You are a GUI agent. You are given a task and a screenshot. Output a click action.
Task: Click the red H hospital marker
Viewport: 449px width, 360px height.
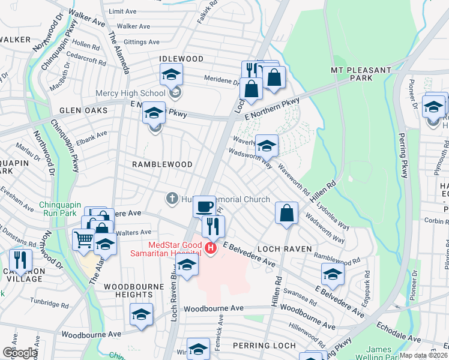click(x=211, y=248)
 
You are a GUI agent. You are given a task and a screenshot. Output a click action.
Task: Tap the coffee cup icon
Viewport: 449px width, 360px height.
click(x=204, y=206)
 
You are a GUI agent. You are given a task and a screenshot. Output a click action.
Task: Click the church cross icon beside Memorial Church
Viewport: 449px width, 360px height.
click(x=171, y=198)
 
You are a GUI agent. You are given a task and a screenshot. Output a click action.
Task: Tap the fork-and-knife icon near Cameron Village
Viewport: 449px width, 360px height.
click(x=21, y=259)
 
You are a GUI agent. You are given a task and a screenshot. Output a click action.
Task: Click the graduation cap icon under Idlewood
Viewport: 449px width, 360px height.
click(x=171, y=74)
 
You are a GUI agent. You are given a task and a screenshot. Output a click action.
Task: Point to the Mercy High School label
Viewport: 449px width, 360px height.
click(x=130, y=93)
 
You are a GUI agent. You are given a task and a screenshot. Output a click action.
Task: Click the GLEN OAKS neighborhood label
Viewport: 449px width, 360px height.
click(x=83, y=110)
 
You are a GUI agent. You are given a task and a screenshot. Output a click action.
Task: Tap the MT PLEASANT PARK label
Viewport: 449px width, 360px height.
click(x=361, y=74)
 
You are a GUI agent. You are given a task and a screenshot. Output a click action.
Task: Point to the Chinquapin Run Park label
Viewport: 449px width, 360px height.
click(x=65, y=209)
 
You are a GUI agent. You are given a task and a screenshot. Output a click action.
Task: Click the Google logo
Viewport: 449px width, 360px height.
click(x=19, y=353)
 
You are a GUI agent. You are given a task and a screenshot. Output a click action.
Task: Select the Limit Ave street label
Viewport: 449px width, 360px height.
click(x=123, y=11)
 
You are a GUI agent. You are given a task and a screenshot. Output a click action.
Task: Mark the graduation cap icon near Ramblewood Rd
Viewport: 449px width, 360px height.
click(x=333, y=274)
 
